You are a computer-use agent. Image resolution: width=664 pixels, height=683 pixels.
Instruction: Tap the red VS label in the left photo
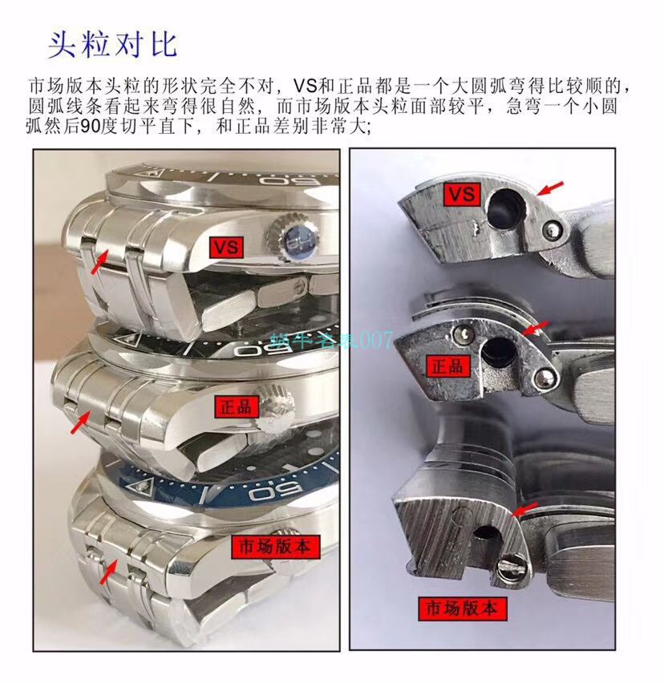pos(227,247)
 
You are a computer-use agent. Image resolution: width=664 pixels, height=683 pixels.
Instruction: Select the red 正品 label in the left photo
pos(233,406)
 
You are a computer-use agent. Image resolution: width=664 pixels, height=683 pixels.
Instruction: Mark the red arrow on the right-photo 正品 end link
pos(536,327)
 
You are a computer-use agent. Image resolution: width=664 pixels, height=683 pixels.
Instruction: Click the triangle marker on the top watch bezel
pos(152,174)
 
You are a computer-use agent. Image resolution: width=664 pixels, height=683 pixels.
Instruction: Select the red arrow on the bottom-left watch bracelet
pos(107,572)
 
